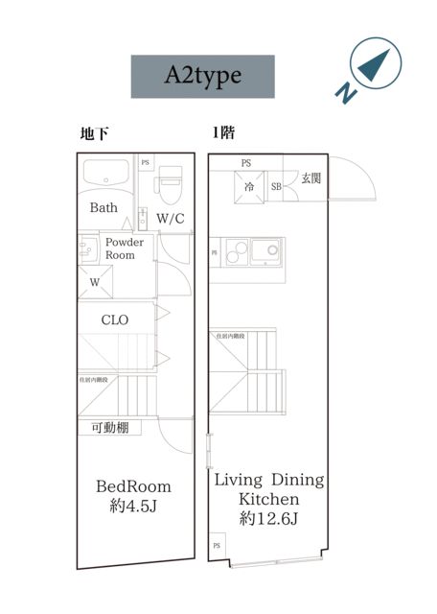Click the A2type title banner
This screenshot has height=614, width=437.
[202, 77]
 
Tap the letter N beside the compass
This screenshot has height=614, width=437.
[344, 93]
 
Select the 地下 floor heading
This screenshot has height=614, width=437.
[93, 134]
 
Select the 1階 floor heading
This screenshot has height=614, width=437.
[223, 134]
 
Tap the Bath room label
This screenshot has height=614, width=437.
[103, 208]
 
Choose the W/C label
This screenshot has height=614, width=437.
[171, 219]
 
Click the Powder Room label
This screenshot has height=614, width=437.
[125, 248]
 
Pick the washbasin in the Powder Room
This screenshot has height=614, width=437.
[87, 247]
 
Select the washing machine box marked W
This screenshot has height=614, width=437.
[96, 282]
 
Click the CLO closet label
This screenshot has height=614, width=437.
[115, 319]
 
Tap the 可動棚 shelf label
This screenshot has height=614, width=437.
[109, 428]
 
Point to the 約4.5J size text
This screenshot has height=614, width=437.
[132, 506]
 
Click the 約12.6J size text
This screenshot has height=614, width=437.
[268, 519]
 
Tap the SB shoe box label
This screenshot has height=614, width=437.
[276, 186]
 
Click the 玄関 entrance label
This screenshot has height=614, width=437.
[310, 178]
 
